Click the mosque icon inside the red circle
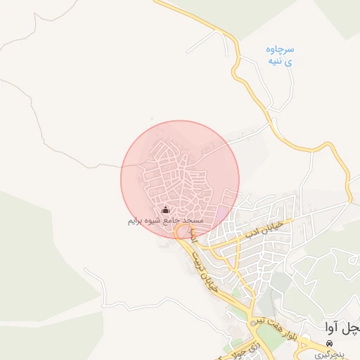tap(166, 210)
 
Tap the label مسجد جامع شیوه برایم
tap(165, 221)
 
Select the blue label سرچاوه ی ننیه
tap(279, 55)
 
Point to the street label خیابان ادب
tap(262, 225)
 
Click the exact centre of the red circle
tap(180, 179)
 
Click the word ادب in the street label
tap(251, 229)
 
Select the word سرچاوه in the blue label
tap(280, 49)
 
